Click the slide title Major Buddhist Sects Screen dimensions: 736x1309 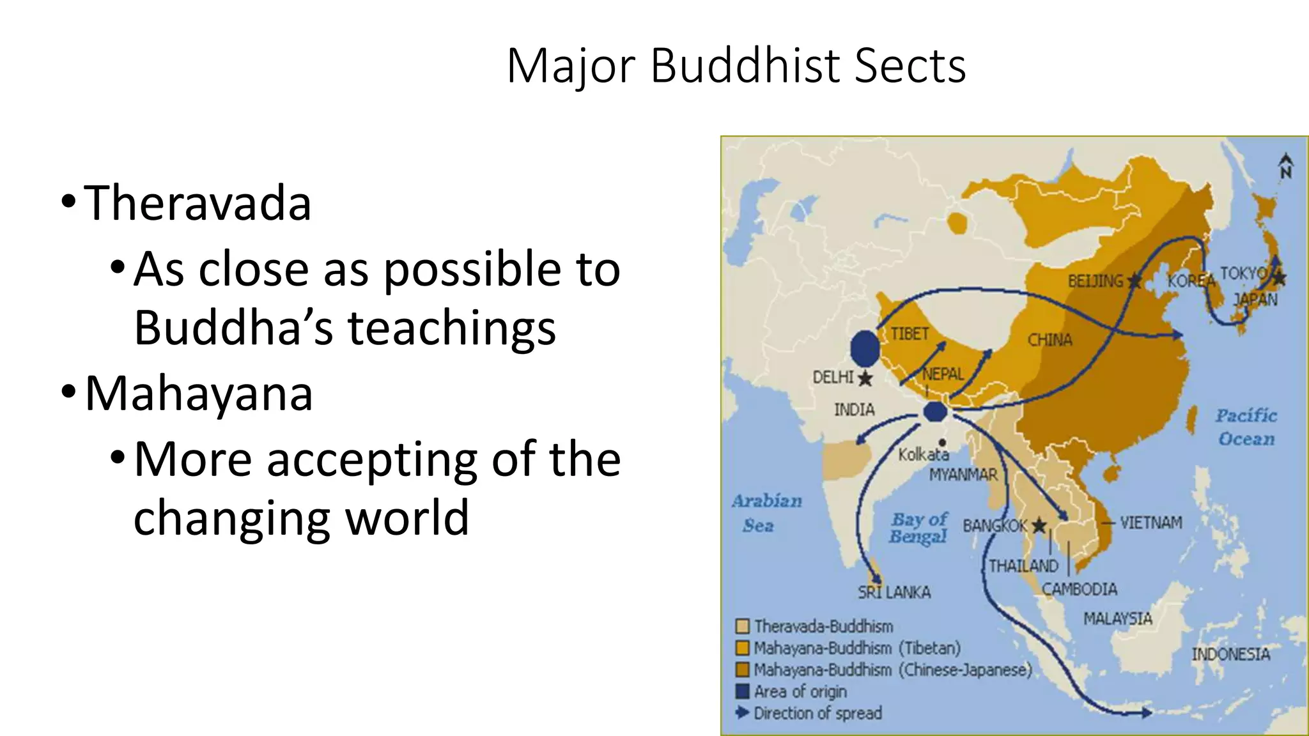736,65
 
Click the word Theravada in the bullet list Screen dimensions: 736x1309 197,203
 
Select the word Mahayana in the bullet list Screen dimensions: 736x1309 198,393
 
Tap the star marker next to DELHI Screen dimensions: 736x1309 865,378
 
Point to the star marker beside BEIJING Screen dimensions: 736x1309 1135,280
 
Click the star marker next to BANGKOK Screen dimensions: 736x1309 1039,526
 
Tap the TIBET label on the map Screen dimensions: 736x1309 910,333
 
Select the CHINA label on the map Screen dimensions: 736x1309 1050,340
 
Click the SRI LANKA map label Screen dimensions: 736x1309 894,593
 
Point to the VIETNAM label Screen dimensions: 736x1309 1150,523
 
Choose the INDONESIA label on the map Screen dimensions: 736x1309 1230,654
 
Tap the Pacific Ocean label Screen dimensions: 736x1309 1246,427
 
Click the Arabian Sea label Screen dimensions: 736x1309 766,513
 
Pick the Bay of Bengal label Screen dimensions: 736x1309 918,528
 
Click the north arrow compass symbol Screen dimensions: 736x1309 1285,166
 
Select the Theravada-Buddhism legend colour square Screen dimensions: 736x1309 742,626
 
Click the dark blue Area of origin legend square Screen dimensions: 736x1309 742,691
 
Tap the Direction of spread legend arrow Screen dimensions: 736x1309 742,712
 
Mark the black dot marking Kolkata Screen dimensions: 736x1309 942,443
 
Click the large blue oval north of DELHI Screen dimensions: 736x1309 865,349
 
